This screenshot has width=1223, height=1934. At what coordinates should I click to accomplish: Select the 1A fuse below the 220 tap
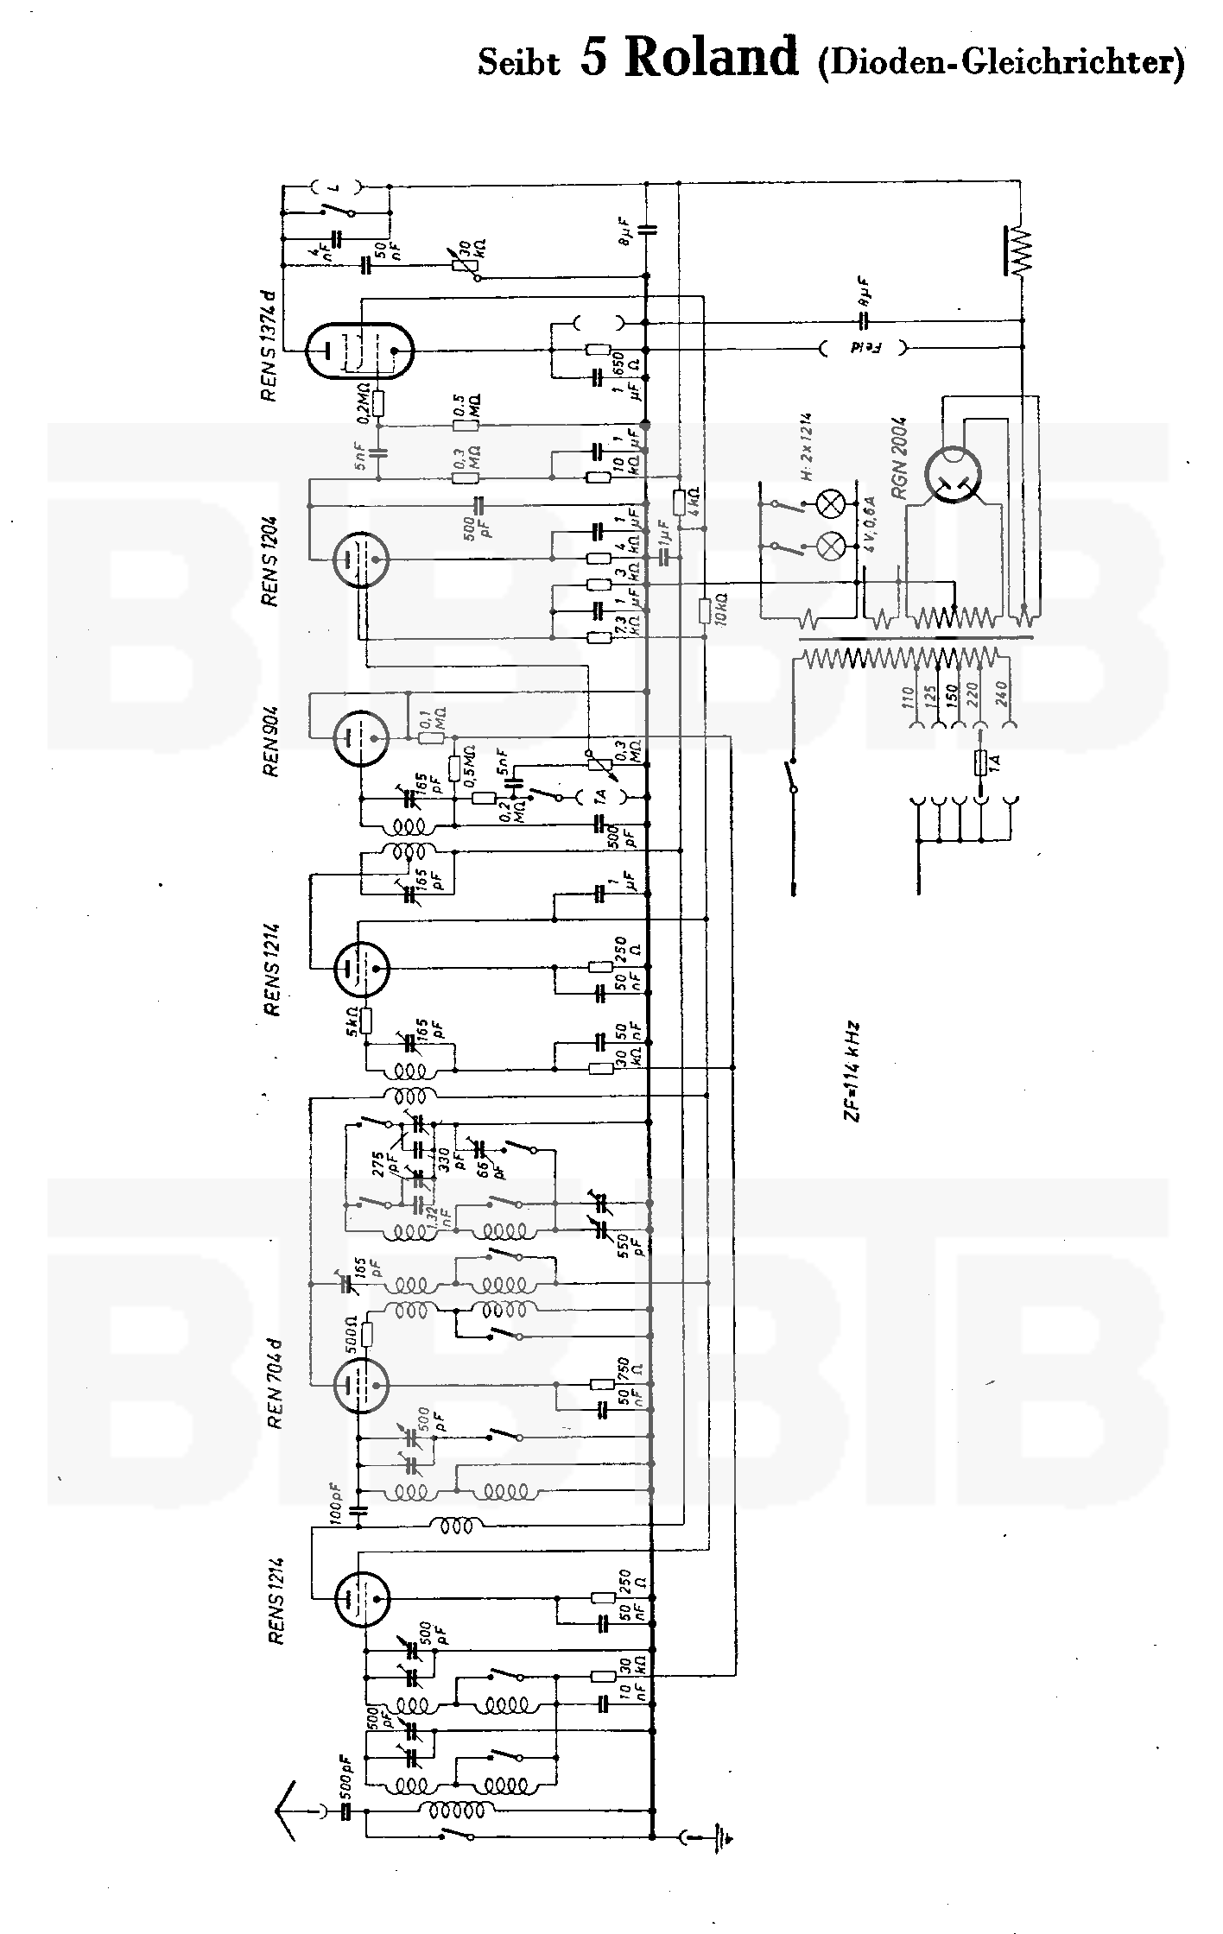tap(980, 763)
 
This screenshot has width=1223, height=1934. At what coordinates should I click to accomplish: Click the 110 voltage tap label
tap(908, 696)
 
